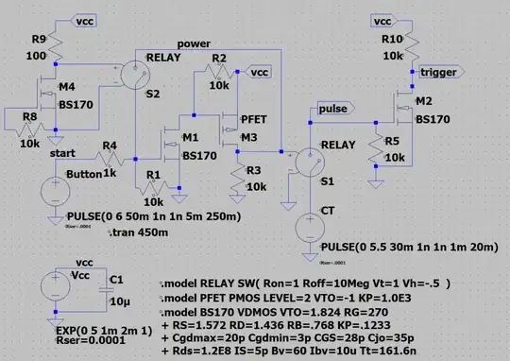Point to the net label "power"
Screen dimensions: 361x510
point(194,44)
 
